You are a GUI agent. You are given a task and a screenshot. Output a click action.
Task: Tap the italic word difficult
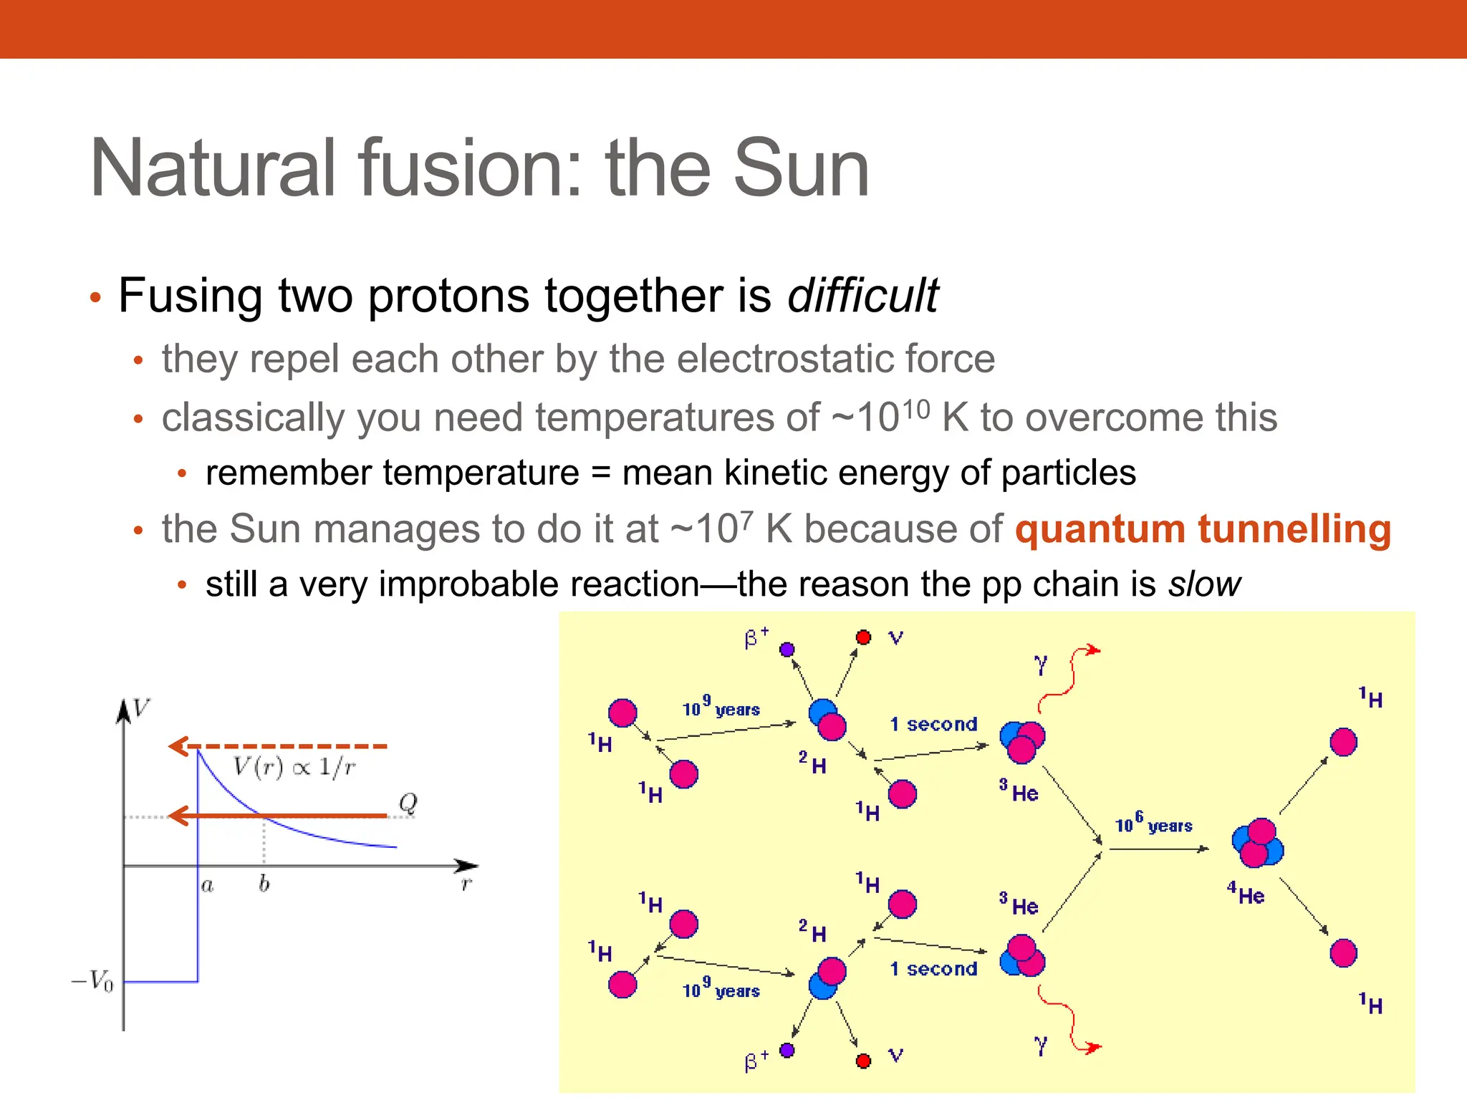tap(862, 296)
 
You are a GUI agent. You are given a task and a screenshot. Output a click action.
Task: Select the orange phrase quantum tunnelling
tap(1203, 529)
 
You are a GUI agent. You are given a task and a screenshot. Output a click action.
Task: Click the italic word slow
tap(1205, 584)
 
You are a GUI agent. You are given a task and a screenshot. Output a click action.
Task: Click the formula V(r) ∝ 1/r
tap(294, 767)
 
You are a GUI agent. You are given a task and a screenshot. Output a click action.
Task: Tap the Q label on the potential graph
tap(408, 802)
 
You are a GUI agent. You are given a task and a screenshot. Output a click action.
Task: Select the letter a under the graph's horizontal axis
tap(207, 886)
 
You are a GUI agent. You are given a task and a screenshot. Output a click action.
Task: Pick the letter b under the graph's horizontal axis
tap(264, 884)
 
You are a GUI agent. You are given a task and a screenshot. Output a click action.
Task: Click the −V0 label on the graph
tap(93, 980)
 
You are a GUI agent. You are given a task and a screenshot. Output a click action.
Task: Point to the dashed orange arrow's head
tap(177, 746)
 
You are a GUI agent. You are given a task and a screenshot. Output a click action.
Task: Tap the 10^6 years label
tap(1153, 824)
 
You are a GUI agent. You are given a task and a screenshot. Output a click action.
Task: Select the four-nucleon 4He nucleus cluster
tap(1257, 843)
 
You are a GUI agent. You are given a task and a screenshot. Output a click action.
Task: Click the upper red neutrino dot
tap(863, 637)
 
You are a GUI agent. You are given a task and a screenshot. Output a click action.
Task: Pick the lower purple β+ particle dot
tap(787, 1050)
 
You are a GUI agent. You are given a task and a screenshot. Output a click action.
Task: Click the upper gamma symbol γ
tap(1041, 665)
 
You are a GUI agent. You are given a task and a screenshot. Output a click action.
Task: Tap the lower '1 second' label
tap(933, 969)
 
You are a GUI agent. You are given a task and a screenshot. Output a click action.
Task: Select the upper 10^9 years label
tap(721, 708)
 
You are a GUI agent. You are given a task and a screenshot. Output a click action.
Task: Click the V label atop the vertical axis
tap(141, 708)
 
